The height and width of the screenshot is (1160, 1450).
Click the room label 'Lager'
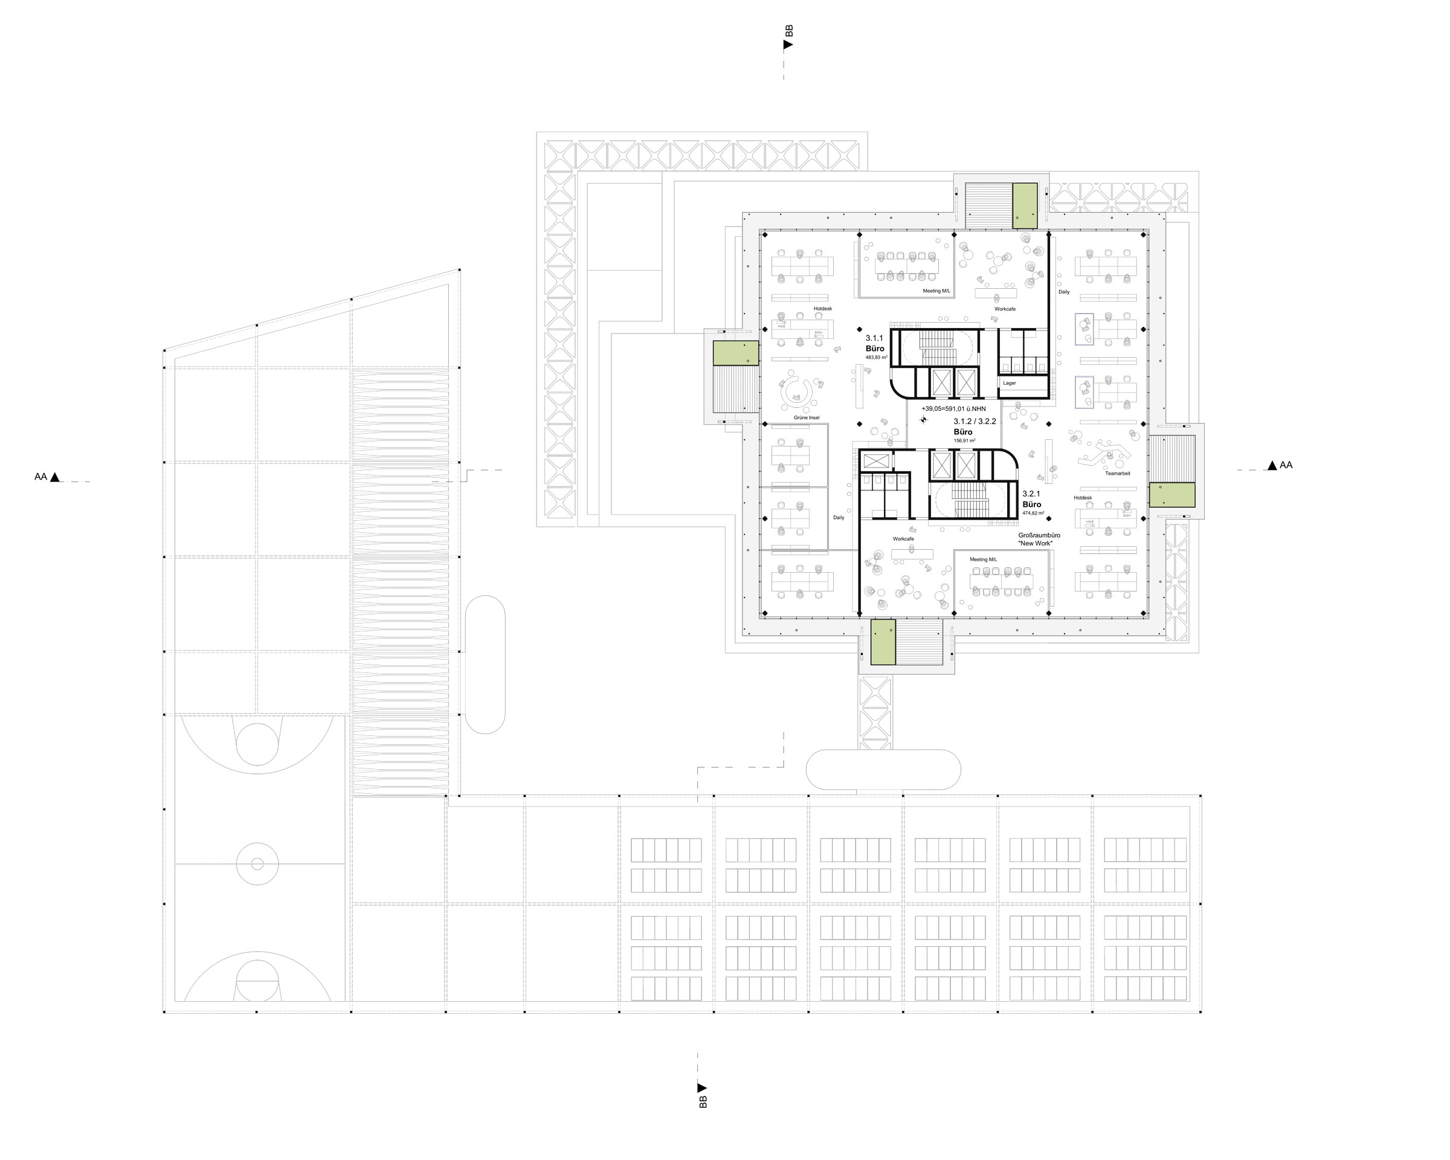pos(1009,383)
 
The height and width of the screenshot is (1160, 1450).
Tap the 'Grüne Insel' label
pos(807,417)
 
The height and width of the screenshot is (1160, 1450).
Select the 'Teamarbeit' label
pos(1117,474)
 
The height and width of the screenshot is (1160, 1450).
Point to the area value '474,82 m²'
pos(1033,513)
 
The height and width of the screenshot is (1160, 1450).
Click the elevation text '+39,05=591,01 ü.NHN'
pos(953,409)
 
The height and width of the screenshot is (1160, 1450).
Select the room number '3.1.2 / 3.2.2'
pos(975,422)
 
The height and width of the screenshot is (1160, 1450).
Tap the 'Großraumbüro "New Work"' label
pos(1039,540)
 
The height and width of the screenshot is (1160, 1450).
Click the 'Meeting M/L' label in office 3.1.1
pos(936,291)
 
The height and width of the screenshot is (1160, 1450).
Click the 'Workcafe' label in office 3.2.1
pos(903,540)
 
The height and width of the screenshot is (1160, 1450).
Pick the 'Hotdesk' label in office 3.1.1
pos(822,309)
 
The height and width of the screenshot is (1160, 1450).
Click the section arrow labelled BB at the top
pos(788,44)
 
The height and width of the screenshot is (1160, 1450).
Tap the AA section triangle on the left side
pos(55,477)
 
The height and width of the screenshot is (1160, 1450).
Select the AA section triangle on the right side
pos(1272,465)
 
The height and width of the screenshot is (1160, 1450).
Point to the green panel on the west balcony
pos(736,353)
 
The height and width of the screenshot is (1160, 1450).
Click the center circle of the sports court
pos(257,864)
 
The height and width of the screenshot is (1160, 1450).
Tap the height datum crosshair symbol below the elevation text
pos(923,420)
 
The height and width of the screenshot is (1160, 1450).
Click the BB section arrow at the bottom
pos(702,1087)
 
